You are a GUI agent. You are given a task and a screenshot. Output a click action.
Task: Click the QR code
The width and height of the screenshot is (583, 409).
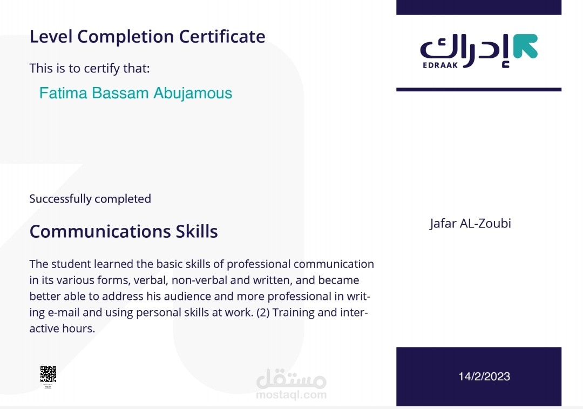(48, 374)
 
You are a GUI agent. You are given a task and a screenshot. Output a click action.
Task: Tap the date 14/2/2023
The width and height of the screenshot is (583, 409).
(484, 377)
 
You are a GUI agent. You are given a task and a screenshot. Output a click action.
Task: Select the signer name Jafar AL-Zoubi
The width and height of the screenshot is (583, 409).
(470, 223)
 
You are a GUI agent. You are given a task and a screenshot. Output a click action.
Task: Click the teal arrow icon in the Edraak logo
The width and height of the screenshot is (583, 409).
(525, 46)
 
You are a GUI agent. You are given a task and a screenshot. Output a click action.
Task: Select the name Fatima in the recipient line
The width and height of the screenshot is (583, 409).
(63, 93)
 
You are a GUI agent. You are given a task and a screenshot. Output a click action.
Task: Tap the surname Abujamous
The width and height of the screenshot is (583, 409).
(193, 93)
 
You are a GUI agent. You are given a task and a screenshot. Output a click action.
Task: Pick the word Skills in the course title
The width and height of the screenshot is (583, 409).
(196, 231)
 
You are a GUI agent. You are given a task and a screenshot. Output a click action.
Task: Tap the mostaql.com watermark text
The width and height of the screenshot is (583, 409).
(291, 395)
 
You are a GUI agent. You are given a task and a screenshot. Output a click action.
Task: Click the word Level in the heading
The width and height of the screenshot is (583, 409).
(51, 36)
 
